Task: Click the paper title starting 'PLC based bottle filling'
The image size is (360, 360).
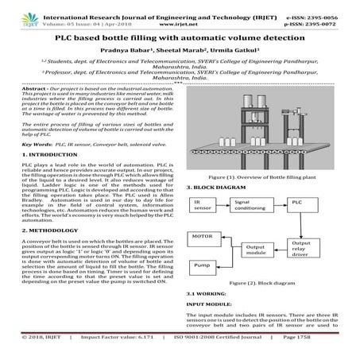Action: coord(180,38)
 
